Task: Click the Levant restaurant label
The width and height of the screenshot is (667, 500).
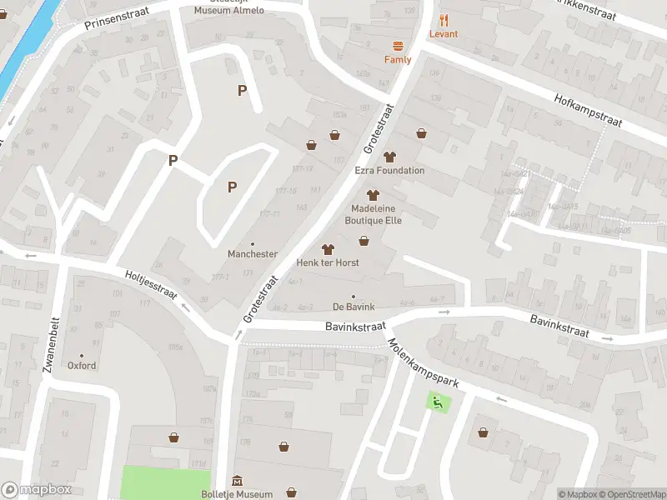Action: click(444, 34)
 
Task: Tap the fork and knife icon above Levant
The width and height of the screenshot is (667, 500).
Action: click(444, 20)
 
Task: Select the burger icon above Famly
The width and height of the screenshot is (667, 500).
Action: click(398, 47)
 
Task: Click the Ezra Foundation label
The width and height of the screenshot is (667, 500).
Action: click(389, 171)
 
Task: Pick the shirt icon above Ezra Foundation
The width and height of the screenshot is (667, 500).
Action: click(389, 157)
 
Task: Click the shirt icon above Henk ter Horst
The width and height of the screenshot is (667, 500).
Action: click(328, 248)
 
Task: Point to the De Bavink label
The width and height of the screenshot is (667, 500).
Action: click(354, 307)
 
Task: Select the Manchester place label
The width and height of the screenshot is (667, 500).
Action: click(253, 254)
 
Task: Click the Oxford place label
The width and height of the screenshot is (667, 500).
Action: click(82, 366)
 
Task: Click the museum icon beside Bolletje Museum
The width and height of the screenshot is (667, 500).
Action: click(238, 481)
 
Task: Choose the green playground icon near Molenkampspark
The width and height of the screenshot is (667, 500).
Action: click(435, 402)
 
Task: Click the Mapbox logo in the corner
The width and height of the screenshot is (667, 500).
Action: click(37, 490)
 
